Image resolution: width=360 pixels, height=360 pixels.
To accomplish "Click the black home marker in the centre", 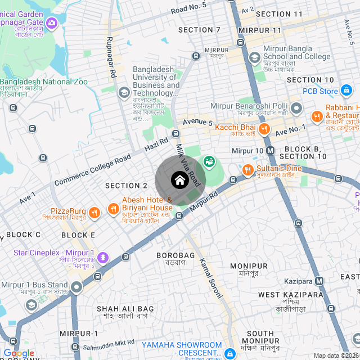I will point(180,181).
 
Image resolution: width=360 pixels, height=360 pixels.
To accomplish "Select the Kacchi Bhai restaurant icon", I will point(265,129).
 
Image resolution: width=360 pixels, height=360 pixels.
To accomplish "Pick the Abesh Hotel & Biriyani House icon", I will point(114,209).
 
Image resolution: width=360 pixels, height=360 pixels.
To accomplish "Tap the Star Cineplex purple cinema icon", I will point(102,258).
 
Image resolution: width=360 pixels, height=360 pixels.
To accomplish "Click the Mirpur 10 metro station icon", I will point(270,151).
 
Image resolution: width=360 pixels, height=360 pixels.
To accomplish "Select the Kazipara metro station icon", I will point(319,281).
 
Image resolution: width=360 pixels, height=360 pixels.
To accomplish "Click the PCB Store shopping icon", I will point(347,91).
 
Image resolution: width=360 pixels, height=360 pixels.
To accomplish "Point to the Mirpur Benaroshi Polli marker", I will point(296,107).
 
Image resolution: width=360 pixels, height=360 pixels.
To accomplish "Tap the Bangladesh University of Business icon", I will point(124,91).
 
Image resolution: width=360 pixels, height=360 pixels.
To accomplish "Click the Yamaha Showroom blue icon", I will point(229,353).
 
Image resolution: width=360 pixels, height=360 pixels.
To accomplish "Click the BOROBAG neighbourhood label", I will point(175,255).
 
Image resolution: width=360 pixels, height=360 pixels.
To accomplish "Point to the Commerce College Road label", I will point(92,170).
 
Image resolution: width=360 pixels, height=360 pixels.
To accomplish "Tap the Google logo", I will point(19,353).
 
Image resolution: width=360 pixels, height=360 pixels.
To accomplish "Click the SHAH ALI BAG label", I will point(125,309).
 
